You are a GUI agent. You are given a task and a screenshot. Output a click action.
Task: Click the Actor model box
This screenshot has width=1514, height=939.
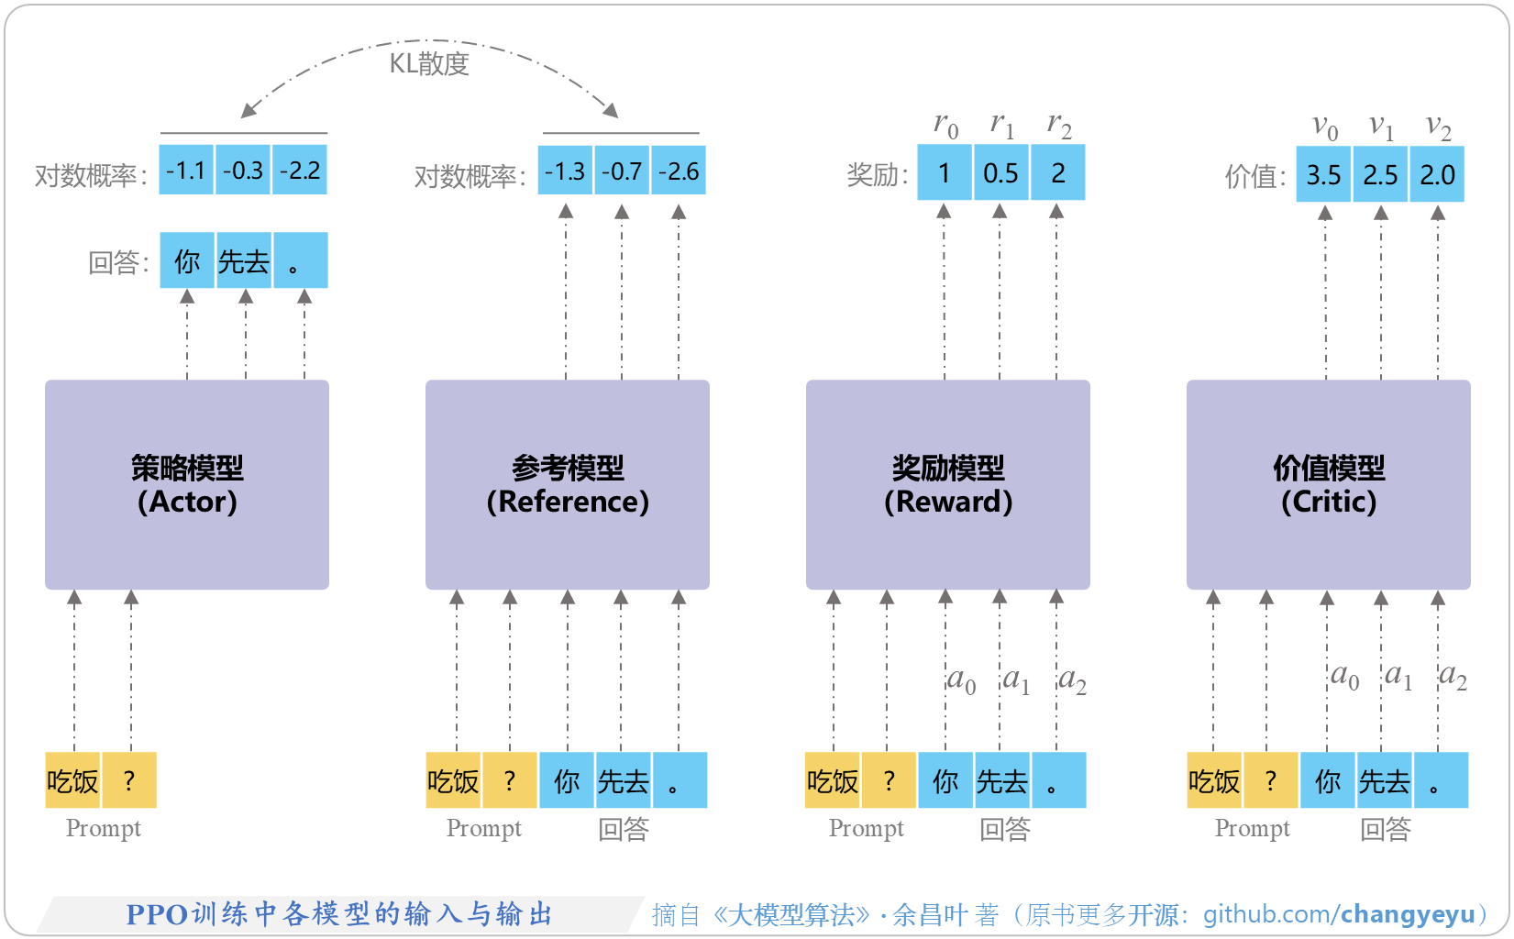(187, 484)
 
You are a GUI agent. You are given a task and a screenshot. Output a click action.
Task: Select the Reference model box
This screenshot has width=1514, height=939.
(567, 484)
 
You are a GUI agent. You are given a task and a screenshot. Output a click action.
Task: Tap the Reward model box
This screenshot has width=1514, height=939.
(947, 484)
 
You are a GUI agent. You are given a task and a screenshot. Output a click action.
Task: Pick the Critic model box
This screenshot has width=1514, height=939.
(1328, 484)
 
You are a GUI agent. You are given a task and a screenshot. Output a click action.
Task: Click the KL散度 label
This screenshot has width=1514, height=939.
(429, 63)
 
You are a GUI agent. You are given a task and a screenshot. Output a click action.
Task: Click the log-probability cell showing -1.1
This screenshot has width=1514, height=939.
(186, 171)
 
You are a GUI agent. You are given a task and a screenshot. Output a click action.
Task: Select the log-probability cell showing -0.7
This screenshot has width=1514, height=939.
(622, 171)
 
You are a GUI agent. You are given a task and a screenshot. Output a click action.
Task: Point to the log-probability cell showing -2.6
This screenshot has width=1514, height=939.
(679, 171)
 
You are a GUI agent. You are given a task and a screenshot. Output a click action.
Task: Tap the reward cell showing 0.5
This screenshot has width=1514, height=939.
(1000, 173)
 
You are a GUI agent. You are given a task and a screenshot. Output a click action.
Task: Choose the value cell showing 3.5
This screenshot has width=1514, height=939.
(1323, 175)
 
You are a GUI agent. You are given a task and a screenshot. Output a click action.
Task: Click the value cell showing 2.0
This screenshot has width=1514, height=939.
(1437, 175)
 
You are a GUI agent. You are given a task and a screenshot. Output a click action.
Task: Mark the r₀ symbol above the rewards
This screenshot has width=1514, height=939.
(945, 125)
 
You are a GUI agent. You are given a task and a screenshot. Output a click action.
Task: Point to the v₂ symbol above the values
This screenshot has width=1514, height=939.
(1438, 127)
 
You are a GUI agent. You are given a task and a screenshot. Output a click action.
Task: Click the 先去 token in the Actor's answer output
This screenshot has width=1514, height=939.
(244, 262)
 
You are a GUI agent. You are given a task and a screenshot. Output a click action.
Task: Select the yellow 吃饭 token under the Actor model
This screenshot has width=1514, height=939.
(72, 781)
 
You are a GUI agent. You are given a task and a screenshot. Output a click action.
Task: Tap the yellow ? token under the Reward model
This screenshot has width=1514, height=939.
(889, 781)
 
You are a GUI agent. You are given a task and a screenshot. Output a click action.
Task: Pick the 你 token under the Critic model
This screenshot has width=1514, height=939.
(1327, 781)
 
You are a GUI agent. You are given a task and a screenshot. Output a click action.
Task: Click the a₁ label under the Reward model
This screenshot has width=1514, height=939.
(1016, 680)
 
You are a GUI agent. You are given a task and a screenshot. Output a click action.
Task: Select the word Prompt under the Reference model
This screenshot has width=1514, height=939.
(483, 829)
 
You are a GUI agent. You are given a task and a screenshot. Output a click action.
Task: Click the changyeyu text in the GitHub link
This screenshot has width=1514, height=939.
(1408, 914)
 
